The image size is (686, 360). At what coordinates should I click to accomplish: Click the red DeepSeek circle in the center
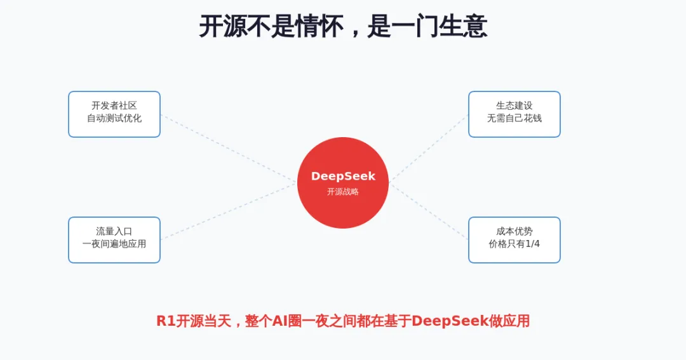point(343,183)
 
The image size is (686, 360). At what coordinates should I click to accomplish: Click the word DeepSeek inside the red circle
point(343,177)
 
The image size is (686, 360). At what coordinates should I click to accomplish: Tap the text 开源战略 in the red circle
point(343,192)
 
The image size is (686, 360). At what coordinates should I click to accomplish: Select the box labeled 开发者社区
point(114,114)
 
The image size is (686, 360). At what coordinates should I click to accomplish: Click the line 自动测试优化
point(114,118)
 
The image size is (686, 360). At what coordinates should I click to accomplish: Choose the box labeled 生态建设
point(514,114)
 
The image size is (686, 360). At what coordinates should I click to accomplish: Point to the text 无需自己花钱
point(514,118)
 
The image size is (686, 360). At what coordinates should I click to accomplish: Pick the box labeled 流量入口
point(114,240)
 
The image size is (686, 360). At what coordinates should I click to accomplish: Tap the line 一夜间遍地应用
point(114,244)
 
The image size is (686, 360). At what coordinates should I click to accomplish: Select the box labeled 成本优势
point(514,240)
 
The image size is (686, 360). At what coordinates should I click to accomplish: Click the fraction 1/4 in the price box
point(532,244)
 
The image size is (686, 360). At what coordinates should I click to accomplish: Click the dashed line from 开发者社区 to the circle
point(229,147)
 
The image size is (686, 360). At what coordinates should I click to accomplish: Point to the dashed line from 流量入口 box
point(229,211)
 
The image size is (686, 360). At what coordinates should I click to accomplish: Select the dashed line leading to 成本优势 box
point(429,212)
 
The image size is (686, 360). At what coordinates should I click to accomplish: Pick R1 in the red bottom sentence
point(166,321)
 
